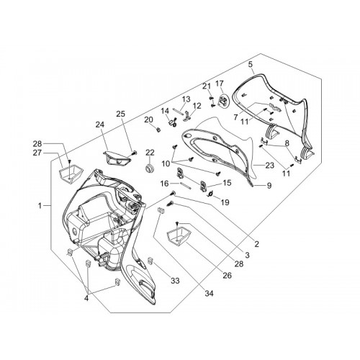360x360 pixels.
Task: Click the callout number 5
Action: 251,64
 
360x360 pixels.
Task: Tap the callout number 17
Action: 219,84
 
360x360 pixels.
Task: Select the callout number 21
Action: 207,86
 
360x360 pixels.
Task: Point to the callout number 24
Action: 100,125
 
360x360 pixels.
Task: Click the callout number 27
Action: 37,153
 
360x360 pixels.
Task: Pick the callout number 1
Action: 40,206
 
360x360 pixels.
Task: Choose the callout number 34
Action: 209,293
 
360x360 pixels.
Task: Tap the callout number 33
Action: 175,280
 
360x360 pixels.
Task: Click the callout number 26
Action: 227,275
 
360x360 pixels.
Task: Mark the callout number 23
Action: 269,165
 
